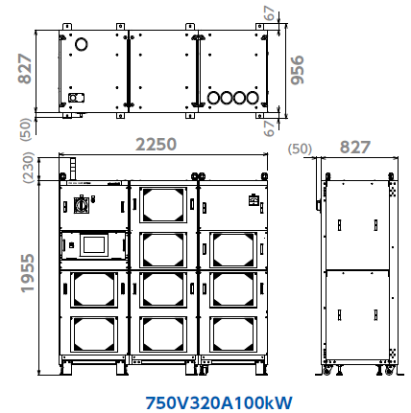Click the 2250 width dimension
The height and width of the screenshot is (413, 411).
click(x=156, y=145)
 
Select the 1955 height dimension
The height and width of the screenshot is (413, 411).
click(x=27, y=273)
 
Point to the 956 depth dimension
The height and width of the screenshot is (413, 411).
click(x=297, y=70)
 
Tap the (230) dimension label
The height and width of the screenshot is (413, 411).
click(x=29, y=168)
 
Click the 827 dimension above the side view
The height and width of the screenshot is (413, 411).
click(x=355, y=148)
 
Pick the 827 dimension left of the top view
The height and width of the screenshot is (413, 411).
click(x=25, y=69)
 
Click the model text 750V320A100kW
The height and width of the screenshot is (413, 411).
click(x=219, y=402)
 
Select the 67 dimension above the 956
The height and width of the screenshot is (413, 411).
click(x=270, y=13)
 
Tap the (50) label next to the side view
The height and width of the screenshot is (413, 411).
click(x=300, y=149)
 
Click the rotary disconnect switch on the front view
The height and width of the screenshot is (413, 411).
click(x=82, y=205)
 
